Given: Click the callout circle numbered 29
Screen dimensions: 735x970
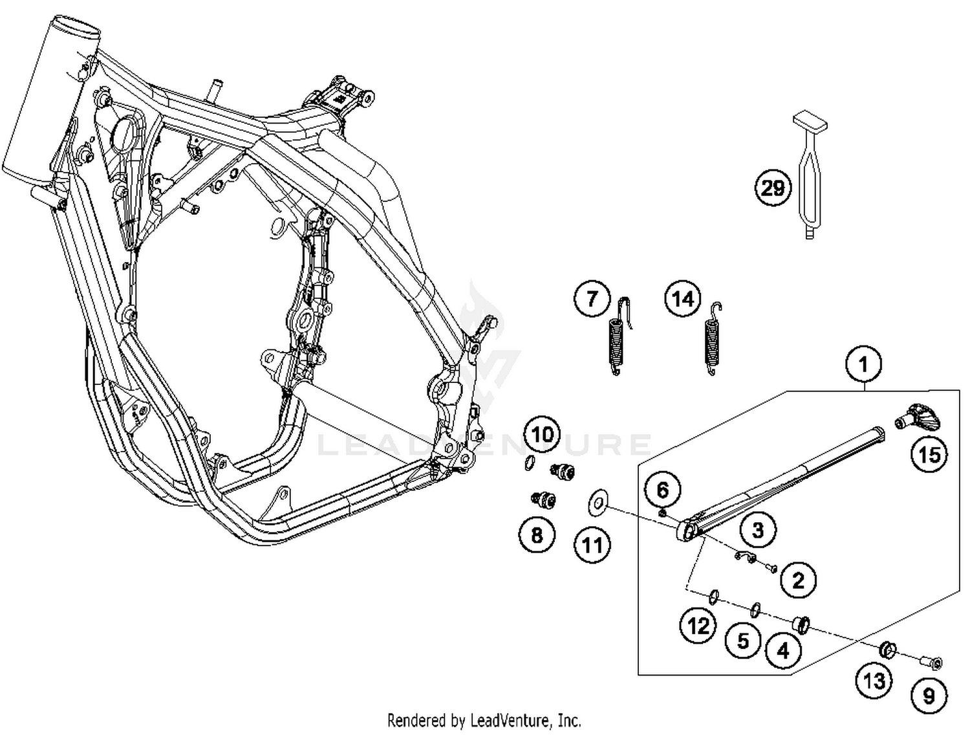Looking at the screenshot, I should pyautogui.click(x=773, y=188).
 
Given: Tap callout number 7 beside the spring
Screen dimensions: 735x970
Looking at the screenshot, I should pyautogui.click(x=592, y=299).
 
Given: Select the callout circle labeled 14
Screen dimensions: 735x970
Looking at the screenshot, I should pyautogui.click(x=683, y=299).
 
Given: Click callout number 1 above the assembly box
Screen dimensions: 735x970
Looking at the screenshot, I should pyautogui.click(x=863, y=364).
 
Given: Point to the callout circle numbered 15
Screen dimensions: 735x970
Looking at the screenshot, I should pyautogui.click(x=929, y=454).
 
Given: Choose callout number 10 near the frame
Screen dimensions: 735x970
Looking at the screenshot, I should pyautogui.click(x=543, y=433).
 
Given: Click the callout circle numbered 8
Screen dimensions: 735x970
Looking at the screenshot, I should pyautogui.click(x=537, y=534).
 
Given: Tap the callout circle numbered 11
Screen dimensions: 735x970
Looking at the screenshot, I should pyautogui.click(x=592, y=545).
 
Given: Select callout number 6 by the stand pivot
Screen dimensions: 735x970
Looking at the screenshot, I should pyautogui.click(x=663, y=490).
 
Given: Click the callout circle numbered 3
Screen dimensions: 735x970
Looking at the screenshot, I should pyautogui.click(x=757, y=530).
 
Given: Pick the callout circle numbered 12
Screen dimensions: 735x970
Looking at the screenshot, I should pyautogui.click(x=698, y=626).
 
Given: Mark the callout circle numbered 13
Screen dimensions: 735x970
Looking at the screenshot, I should pyautogui.click(x=874, y=680).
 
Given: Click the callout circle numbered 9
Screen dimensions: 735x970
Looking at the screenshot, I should pyautogui.click(x=929, y=696).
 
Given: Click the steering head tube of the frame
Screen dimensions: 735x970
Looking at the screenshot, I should pyautogui.click(x=52, y=97).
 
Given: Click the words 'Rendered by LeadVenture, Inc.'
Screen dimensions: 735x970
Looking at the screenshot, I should pyautogui.click(x=484, y=719).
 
